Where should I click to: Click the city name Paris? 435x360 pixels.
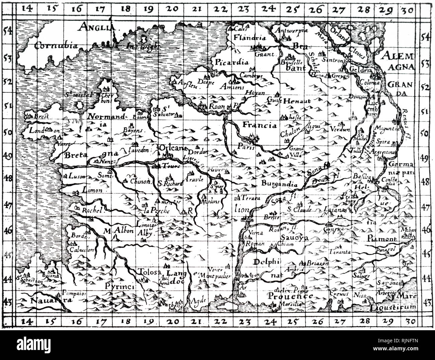(x=246, y=147)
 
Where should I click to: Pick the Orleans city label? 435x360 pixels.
(x=172, y=148)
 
